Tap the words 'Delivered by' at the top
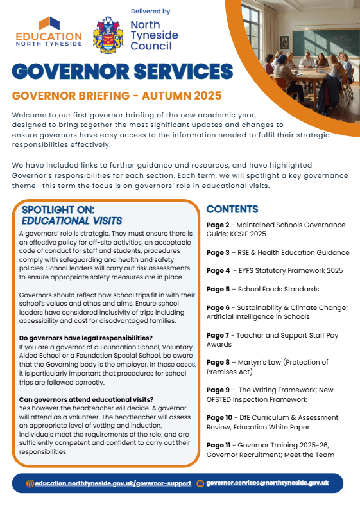click(150, 12)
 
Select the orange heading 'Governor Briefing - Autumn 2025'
click(117, 96)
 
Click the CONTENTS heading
click(232, 209)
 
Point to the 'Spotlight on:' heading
click(58, 210)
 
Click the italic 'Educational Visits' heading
click(67, 220)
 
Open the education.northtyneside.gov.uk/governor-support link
click(113, 483)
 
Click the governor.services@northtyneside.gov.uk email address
click(268, 483)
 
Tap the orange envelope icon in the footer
click(200, 483)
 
